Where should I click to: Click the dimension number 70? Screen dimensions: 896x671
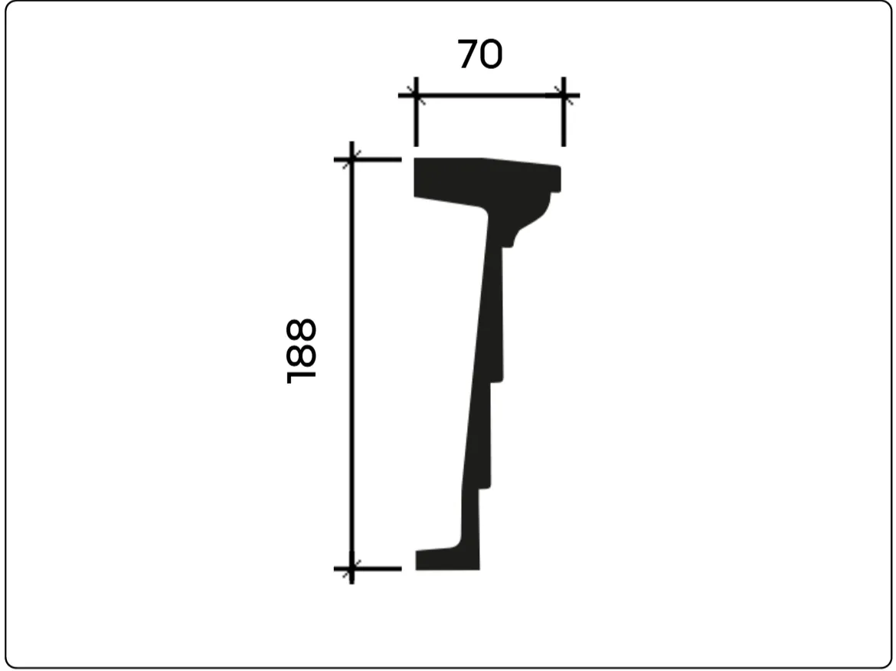[x=480, y=55]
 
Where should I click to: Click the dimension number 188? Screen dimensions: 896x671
[x=300, y=351]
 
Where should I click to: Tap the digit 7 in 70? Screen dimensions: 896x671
[x=467, y=55]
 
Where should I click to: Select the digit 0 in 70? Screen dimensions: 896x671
[x=492, y=55]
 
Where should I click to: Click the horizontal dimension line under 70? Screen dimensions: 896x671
[x=489, y=96]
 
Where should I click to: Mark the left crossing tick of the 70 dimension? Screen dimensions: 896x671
[x=416, y=96]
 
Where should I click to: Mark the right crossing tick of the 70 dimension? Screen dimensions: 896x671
[x=564, y=96]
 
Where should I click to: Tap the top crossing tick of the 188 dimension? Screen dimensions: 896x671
[x=352, y=159]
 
